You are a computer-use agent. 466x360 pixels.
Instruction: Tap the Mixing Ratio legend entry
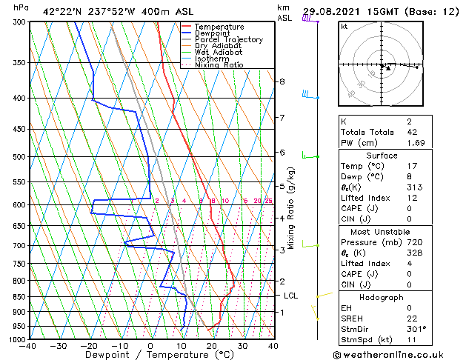(220, 65)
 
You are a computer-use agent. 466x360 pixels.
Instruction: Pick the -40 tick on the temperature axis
(28, 346)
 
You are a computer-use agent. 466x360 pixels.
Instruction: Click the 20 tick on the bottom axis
(211, 346)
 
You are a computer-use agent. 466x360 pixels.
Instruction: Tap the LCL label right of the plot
(291, 296)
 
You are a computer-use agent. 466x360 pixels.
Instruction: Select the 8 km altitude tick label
(282, 81)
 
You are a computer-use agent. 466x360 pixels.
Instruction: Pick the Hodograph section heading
(382, 296)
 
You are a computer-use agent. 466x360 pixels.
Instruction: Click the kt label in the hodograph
(344, 26)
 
